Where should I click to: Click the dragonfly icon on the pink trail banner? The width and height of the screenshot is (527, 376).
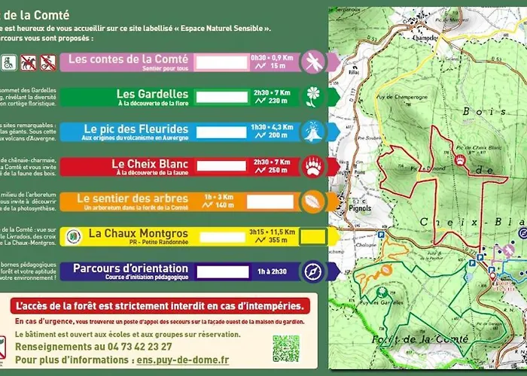coord(311,60)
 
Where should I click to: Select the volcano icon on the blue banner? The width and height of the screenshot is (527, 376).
coord(311,132)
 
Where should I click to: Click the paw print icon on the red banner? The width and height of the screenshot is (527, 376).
coord(311,166)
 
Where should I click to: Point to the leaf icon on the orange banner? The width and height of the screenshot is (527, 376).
coord(311,202)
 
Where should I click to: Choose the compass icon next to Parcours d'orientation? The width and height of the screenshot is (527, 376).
coord(311,271)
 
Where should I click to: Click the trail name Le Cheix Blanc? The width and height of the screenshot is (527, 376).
coord(149,162)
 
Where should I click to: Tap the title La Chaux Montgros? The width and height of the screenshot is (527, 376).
coord(138,234)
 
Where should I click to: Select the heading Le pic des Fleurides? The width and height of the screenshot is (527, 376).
coord(136,128)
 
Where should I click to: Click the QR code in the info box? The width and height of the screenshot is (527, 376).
coord(285,348)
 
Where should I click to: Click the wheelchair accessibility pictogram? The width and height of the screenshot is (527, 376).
coord(7,60)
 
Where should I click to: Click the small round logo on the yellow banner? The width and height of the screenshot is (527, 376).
coord(73,236)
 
